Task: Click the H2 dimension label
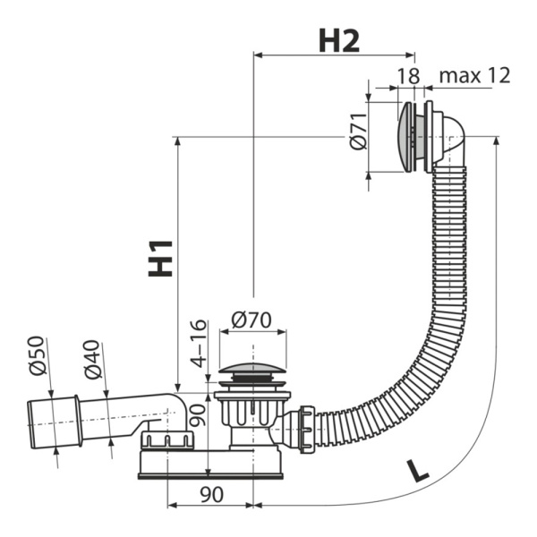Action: point(339,41)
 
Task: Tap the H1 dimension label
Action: point(160,259)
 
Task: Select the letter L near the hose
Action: point(417,471)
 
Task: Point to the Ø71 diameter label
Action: point(358,131)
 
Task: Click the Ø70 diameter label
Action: point(251,320)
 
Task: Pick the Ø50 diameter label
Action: point(37,355)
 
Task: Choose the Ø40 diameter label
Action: point(92,359)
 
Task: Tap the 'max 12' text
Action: point(474,75)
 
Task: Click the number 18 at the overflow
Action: point(408,76)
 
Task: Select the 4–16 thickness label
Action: point(199,344)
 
